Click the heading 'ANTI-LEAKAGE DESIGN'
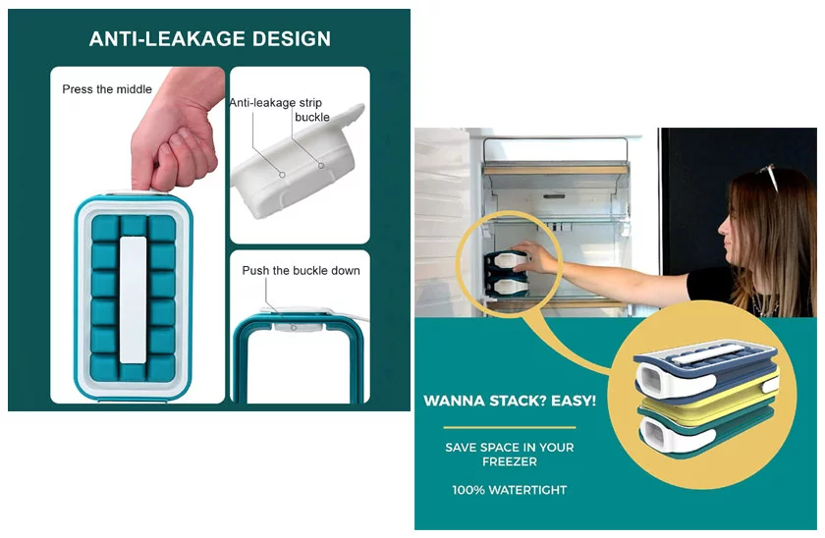209,39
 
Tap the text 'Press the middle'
107,89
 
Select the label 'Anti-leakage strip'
275,102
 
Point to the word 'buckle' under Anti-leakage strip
312,118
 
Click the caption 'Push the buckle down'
301,270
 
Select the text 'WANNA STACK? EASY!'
509,402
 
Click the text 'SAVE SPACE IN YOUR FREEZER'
509,454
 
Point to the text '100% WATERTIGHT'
509,489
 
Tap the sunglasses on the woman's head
766,177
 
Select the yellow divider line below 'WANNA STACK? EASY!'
509,427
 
